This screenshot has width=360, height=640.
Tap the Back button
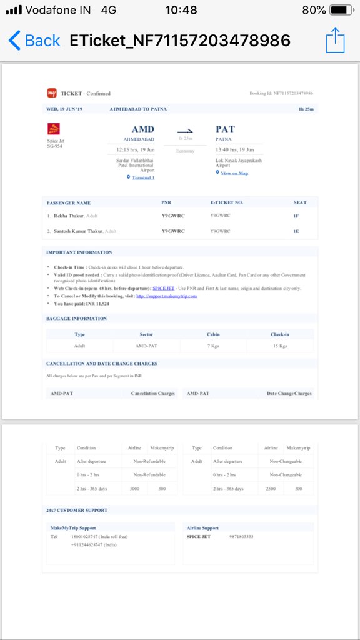35,41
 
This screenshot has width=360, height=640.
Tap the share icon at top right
336,41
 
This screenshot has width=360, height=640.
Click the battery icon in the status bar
341,10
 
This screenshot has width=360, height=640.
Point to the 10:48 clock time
181,10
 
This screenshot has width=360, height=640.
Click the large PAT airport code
225,129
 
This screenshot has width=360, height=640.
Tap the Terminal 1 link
142,177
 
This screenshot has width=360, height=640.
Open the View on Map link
234,172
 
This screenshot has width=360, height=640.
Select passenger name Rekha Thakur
69,216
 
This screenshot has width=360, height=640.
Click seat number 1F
296,216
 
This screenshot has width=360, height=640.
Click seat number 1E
296,231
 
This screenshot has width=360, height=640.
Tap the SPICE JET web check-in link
163,288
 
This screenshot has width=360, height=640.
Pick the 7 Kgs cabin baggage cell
213,346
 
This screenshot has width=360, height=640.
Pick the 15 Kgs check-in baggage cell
279,346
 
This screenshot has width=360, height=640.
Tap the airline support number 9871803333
241,537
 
